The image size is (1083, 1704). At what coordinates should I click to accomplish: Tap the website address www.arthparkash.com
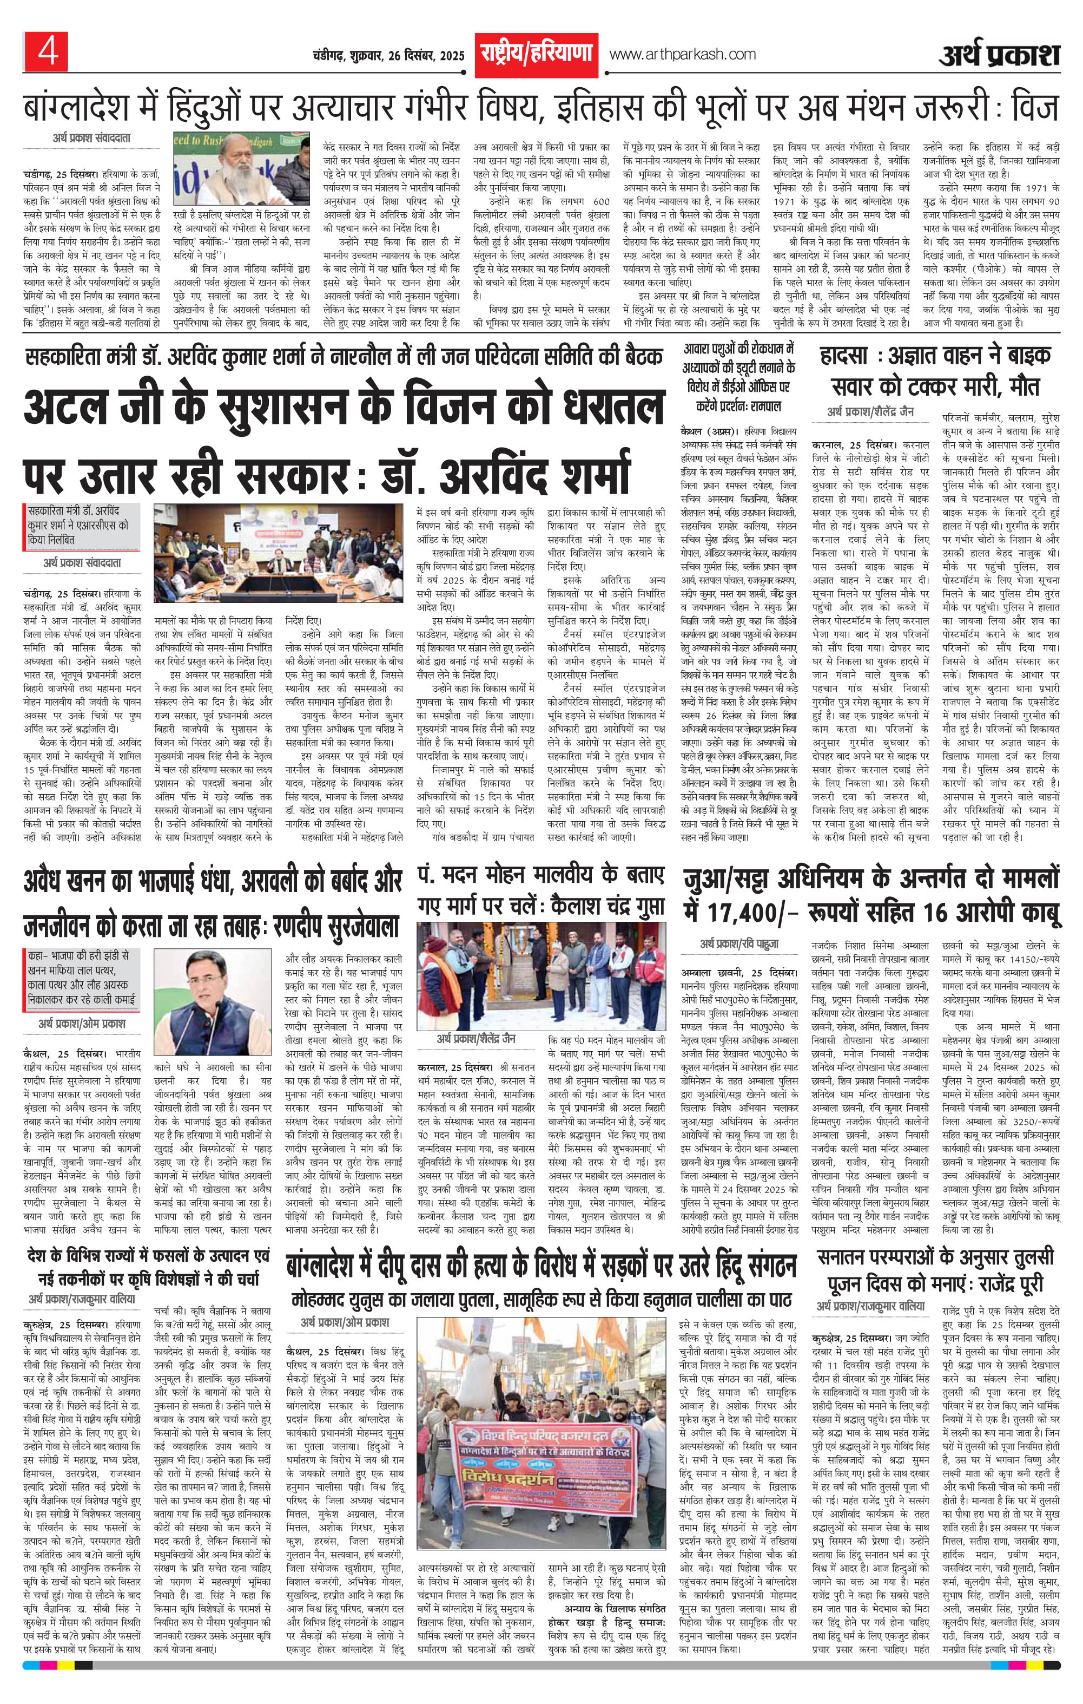tap(682, 55)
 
